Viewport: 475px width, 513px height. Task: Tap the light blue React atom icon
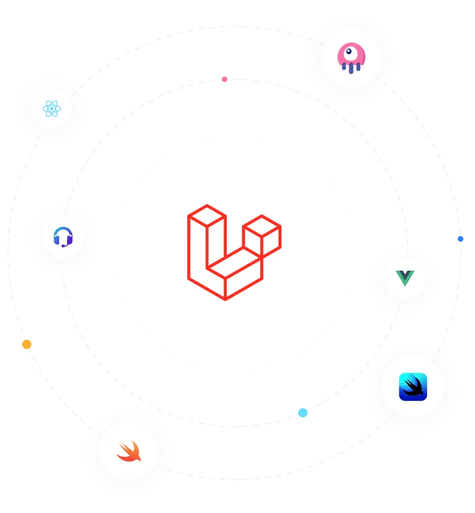point(52,109)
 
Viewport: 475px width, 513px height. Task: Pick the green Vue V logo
point(405,278)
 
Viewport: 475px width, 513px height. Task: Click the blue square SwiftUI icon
point(413,387)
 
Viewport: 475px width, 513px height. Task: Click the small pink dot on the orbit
point(225,79)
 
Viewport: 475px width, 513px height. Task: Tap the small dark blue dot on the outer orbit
point(460,239)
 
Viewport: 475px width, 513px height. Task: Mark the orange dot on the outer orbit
point(26,344)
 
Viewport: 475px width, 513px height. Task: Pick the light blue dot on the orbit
point(302,412)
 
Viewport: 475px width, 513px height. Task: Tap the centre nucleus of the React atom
point(52,109)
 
